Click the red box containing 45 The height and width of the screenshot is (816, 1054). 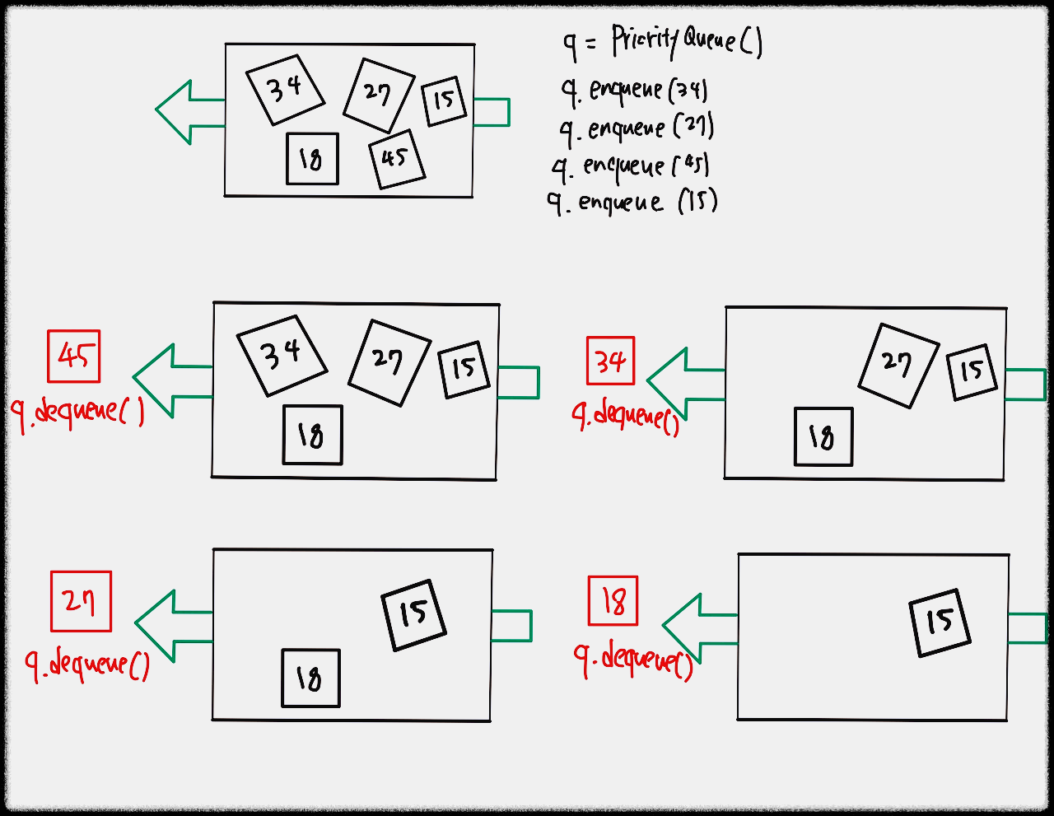[x=74, y=357]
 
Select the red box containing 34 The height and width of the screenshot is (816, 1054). [x=611, y=361]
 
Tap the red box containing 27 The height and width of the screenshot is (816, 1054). [x=81, y=601]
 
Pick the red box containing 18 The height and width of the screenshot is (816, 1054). [x=613, y=601]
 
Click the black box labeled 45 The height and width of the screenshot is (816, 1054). [x=397, y=159]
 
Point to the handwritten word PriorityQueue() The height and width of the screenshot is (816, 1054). [x=688, y=42]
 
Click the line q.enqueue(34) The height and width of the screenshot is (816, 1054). [x=634, y=91]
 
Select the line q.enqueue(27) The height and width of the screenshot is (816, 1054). [x=637, y=129]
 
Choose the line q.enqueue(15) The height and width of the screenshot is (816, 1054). [x=632, y=203]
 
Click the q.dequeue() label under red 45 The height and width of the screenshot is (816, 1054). [x=77, y=414]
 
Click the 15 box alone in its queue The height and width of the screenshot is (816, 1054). [x=940, y=623]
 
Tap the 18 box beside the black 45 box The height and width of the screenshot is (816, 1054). [x=312, y=159]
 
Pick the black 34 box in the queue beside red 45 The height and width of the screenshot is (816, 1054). [x=282, y=356]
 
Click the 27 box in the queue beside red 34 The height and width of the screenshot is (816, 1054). [x=899, y=366]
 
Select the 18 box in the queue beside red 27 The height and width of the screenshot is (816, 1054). [x=311, y=678]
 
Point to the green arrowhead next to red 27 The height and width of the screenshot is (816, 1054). [x=155, y=626]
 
